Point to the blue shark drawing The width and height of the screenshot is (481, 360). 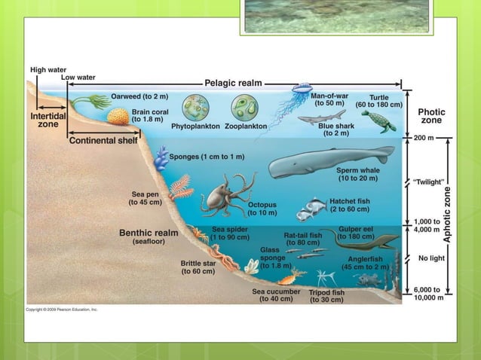point(320,117)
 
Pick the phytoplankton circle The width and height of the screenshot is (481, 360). point(197,107)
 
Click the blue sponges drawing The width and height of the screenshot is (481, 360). point(161,157)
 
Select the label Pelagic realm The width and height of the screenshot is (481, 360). point(233,83)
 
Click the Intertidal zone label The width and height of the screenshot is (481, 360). point(47,121)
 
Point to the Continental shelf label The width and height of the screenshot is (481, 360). point(103,140)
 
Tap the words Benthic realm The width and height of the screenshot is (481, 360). point(149,233)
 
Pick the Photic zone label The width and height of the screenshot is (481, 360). point(431,116)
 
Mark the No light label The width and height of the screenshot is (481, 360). point(431,258)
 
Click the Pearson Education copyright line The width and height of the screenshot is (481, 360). point(62,309)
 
